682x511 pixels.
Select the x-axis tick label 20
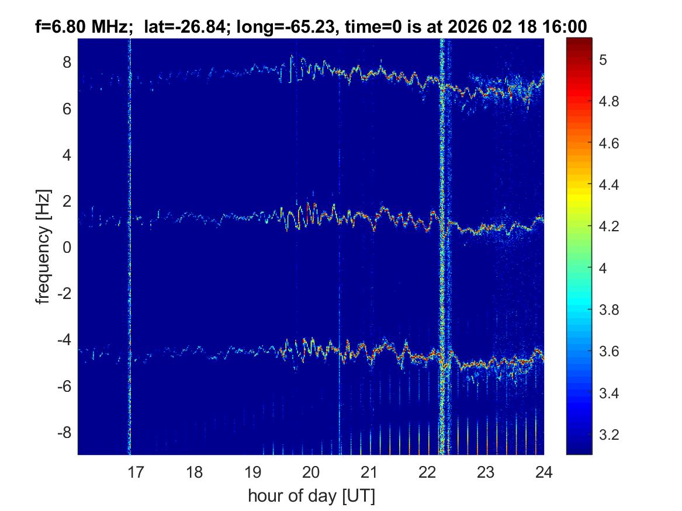coord(311,471)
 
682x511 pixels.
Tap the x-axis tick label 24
coord(543,471)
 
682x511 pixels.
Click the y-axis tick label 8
coord(67,62)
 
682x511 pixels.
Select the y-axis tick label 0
coord(67,248)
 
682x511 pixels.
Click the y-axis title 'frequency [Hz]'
coord(43,246)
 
